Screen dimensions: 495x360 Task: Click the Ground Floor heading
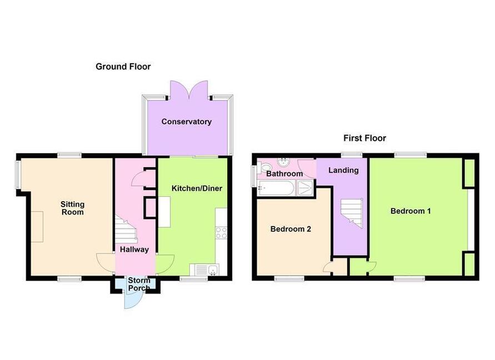123,67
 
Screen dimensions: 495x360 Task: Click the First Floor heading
364,138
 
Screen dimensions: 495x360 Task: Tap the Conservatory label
186,122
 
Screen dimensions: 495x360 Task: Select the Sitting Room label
73,208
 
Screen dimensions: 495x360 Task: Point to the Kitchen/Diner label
197,188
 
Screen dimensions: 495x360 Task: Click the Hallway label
134,249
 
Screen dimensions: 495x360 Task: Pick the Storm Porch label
139,284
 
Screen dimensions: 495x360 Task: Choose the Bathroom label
284,174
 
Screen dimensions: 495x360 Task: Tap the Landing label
343,170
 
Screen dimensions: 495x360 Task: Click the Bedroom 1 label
411,211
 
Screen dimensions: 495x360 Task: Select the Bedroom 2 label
291,229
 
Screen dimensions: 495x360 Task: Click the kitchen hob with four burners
221,233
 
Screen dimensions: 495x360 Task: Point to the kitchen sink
204,269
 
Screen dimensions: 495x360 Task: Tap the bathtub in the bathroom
276,188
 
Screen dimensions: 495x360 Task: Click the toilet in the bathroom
263,167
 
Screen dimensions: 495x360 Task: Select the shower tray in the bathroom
305,188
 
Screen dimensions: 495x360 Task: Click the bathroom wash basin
284,162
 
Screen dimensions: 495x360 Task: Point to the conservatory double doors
189,89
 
